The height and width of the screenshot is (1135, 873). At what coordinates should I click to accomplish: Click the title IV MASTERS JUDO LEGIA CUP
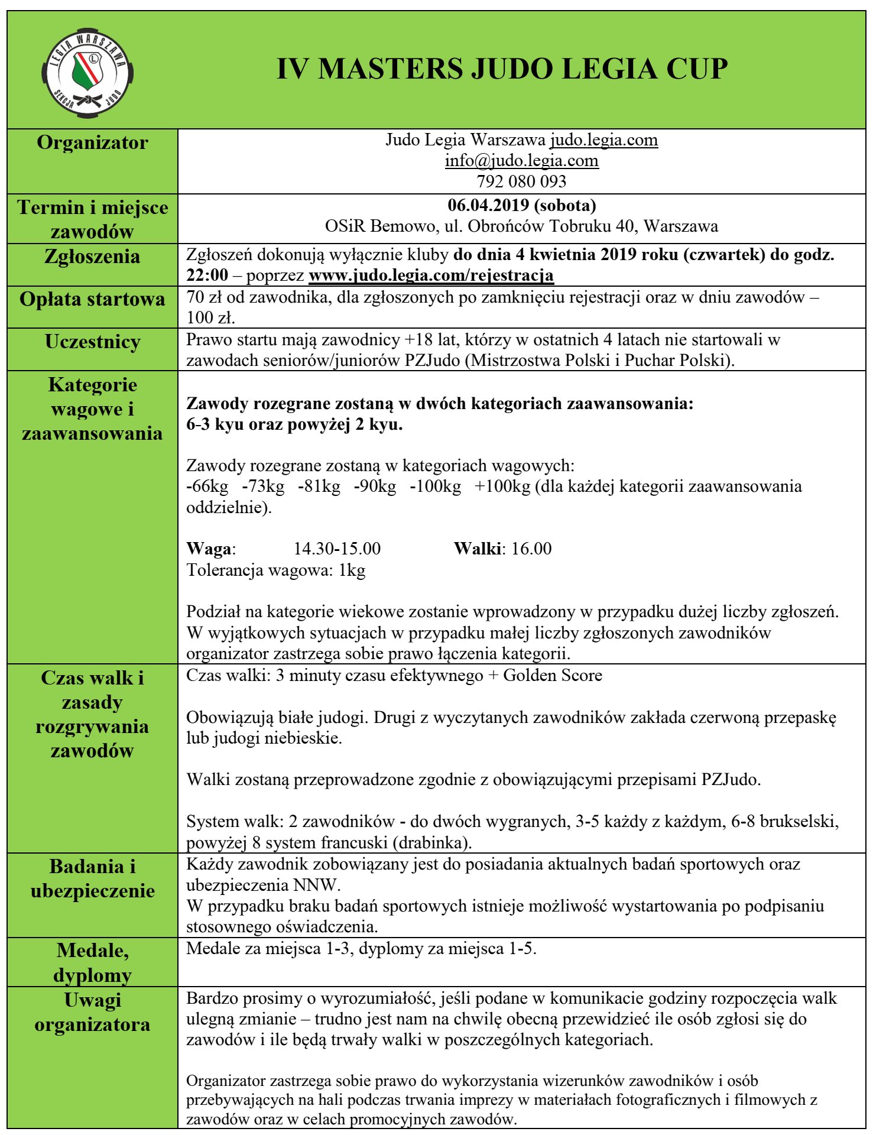pyautogui.click(x=502, y=69)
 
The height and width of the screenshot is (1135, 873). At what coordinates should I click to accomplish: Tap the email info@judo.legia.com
pyautogui.click(x=521, y=161)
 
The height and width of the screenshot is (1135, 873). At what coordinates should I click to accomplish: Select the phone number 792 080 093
pyautogui.click(x=521, y=181)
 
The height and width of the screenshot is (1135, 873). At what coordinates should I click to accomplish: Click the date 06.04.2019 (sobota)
pyautogui.click(x=521, y=205)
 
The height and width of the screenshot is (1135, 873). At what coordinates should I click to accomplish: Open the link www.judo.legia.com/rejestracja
pyautogui.click(x=431, y=275)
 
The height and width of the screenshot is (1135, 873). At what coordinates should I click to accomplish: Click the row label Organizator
pyautogui.click(x=92, y=143)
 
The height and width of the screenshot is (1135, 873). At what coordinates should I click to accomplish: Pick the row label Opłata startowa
pyautogui.click(x=92, y=299)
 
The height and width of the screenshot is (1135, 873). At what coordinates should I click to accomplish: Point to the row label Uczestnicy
pyautogui.click(x=92, y=342)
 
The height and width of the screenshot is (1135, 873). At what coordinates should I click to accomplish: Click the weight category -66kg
pyautogui.click(x=207, y=487)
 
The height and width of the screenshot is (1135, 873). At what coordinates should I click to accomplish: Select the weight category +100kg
pyautogui.click(x=502, y=487)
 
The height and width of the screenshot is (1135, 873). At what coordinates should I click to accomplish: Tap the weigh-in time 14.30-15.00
pyautogui.click(x=337, y=549)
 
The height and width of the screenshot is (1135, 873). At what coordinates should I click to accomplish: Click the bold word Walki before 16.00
pyautogui.click(x=478, y=549)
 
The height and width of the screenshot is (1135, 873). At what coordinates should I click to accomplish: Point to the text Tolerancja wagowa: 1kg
pyautogui.click(x=275, y=570)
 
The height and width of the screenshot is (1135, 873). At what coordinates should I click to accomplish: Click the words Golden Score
pyautogui.click(x=552, y=676)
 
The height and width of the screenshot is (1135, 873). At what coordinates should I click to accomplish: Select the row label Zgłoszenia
pyautogui.click(x=92, y=257)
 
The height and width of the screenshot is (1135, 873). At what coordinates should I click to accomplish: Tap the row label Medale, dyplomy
pyautogui.click(x=92, y=962)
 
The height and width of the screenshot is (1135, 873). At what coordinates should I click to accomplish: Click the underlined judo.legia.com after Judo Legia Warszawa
pyautogui.click(x=603, y=140)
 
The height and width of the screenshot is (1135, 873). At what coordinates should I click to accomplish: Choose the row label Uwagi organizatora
pyautogui.click(x=92, y=1012)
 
